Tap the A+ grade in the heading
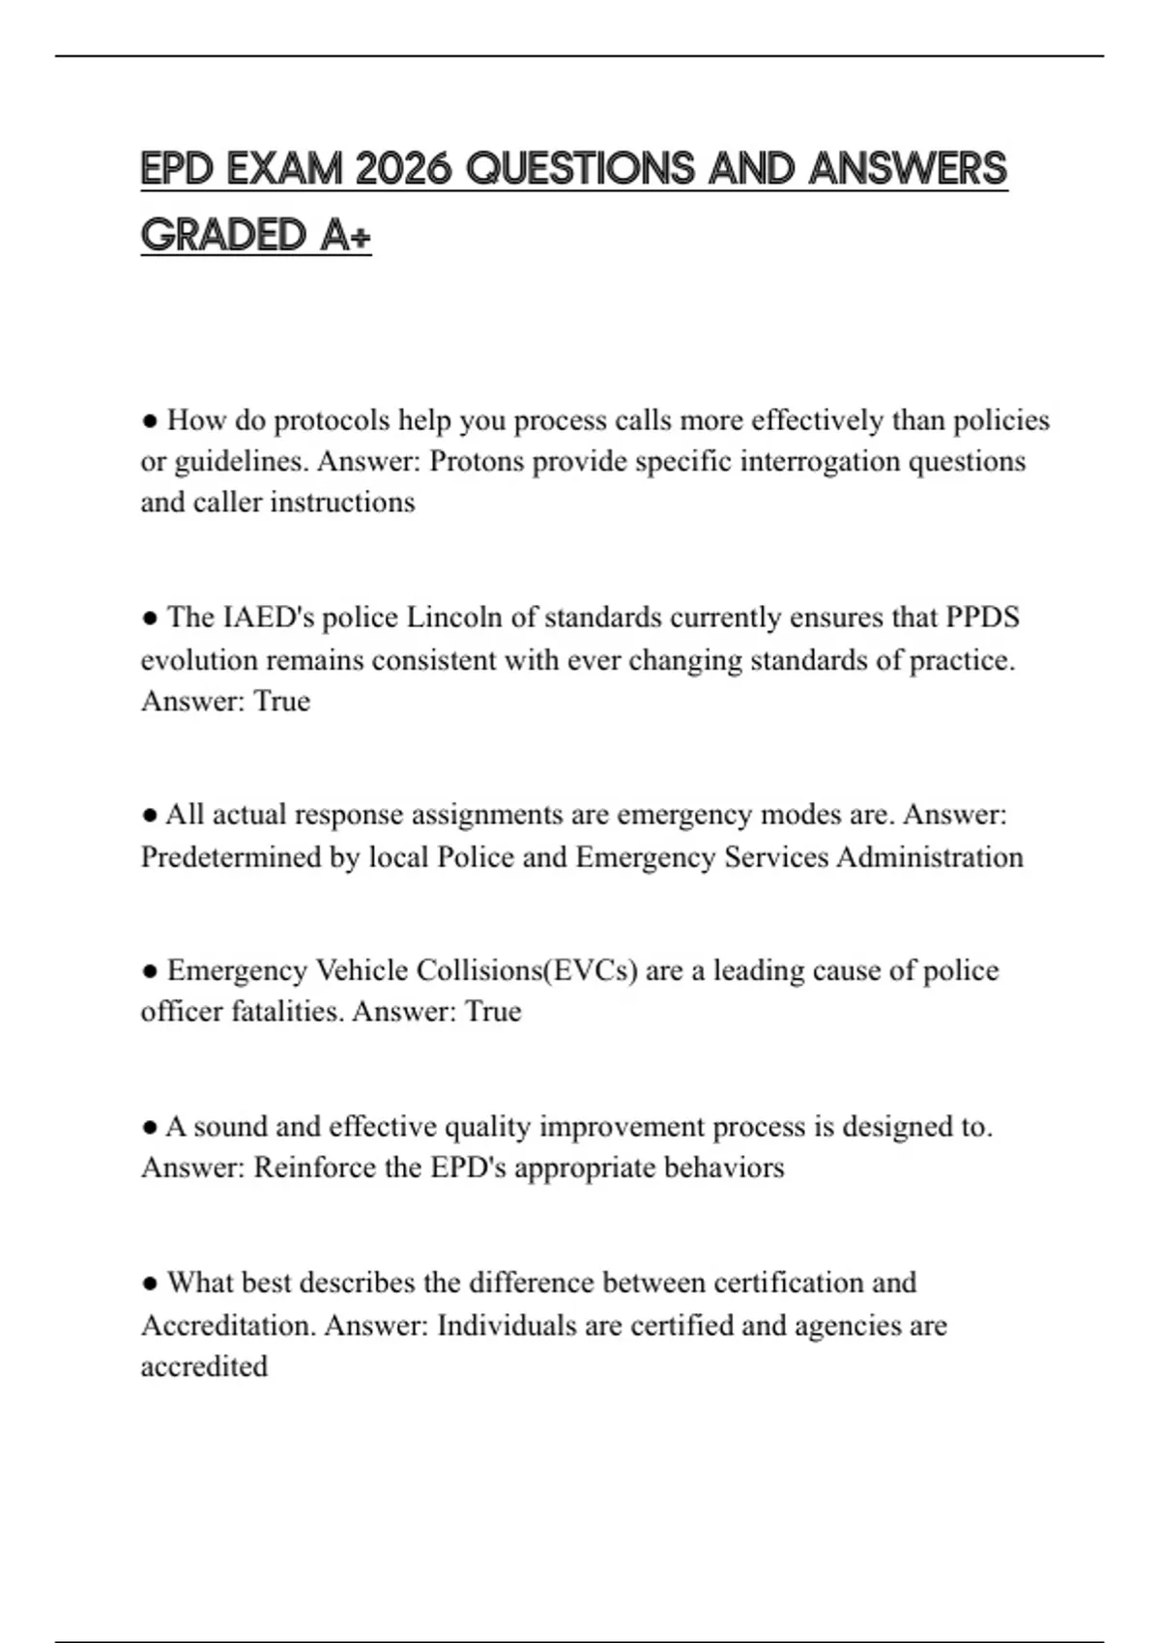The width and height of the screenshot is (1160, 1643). pos(344,235)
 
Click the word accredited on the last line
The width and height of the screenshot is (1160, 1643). pos(204,1367)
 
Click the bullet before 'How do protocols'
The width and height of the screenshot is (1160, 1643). pos(150,421)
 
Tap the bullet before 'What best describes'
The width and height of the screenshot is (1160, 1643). pos(150,1283)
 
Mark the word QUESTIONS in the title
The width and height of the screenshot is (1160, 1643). pos(580,169)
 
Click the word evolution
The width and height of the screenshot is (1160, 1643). pos(198,660)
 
